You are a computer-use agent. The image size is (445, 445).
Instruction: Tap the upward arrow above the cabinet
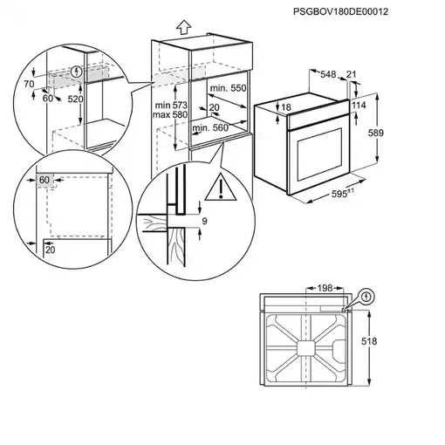point(181,26)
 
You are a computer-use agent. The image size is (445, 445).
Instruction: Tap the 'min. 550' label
point(228,90)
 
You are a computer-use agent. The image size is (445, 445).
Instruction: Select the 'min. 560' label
point(210,128)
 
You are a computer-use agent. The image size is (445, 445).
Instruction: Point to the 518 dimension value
point(395,344)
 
